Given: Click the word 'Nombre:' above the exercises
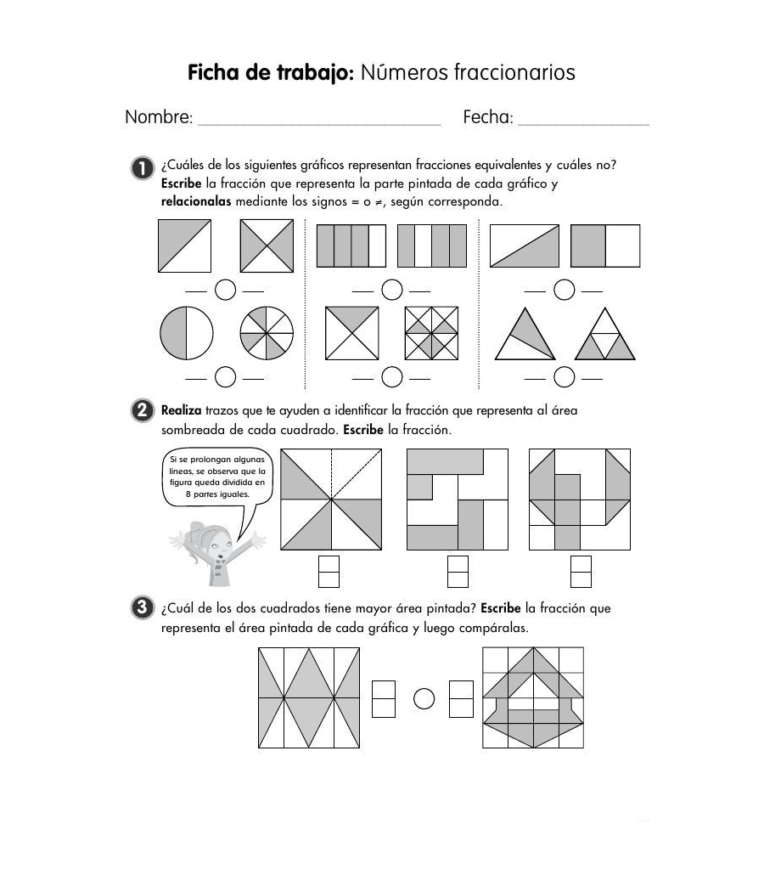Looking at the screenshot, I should coord(159,117).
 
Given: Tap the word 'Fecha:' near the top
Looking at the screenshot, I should coord(488,117).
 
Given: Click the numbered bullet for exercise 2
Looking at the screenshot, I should coord(141,412).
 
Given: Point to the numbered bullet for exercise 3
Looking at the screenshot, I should coord(141,608).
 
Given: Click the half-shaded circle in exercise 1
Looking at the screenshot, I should coord(187,332).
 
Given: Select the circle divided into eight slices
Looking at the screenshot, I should coord(267,332).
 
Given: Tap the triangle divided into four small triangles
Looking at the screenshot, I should coord(605,334).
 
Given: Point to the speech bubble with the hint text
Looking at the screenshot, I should coord(219,477).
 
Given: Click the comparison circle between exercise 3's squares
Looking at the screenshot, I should coord(424,698).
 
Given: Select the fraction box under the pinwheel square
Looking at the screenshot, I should coord(329,571).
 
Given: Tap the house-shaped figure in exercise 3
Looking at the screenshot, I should coord(533,697).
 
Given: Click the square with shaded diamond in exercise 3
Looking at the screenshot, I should coord(309,697).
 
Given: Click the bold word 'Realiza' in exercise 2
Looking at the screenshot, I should coord(181,411).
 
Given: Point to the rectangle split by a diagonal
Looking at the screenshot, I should coord(525,246).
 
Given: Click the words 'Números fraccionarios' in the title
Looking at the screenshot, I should coord(468,73).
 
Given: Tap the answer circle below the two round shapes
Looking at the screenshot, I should coord(225,376).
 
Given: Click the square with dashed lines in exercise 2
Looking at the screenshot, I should coord(331,500).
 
